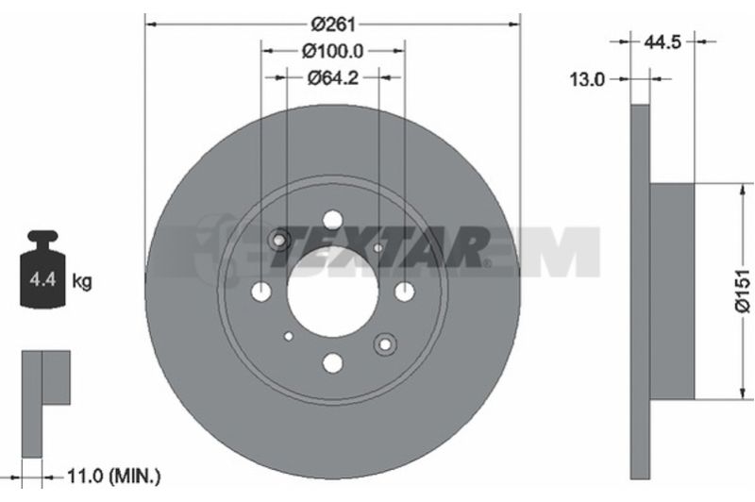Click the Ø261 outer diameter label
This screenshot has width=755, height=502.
(333, 24)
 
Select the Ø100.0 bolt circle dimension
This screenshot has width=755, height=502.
(333, 51)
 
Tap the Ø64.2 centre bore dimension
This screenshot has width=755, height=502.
(333, 77)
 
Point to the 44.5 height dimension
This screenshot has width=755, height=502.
(663, 42)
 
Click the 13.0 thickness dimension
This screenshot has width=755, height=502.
(587, 79)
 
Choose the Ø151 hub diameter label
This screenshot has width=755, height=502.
(743, 291)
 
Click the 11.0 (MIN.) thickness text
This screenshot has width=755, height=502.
(113, 288)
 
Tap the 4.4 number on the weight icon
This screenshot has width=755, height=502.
(42, 278)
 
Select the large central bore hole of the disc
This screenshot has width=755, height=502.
(333, 292)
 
